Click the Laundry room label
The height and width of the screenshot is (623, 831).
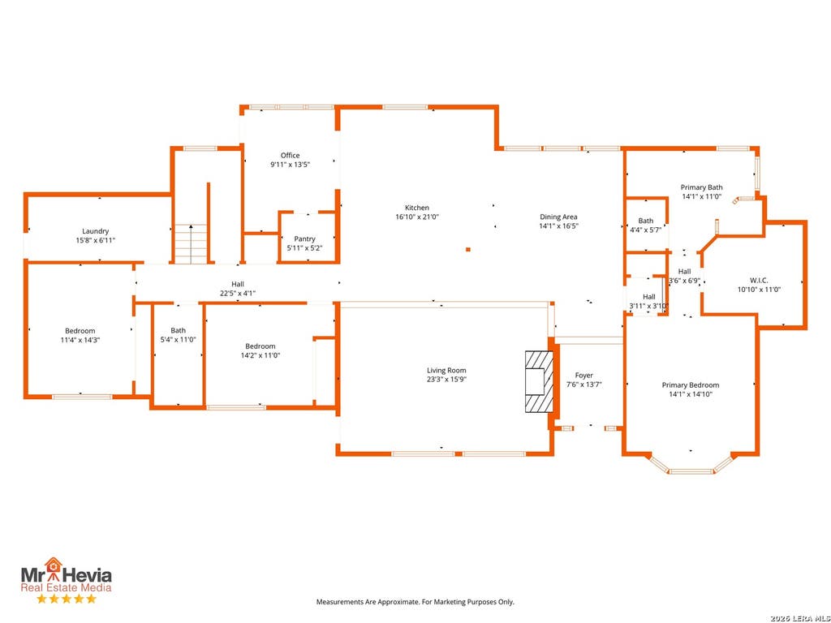coord(96,231)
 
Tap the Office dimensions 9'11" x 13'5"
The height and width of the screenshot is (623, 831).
coord(290,165)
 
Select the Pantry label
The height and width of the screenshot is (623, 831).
coord(305,239)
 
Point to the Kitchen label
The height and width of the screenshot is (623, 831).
coord(417,208)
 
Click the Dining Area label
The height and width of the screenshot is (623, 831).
coord(558,217)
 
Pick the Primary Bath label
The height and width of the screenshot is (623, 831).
coord(702,187)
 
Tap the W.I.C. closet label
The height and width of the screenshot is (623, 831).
coord(759,280)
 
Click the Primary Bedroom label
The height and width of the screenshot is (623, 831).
coord(691,385)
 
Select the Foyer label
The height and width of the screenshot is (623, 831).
coord(584,376)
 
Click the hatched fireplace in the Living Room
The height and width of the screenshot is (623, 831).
coord(540,381)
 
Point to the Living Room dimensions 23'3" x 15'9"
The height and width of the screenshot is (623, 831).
coord(447,380)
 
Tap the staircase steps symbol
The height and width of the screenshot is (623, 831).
coord(191,243)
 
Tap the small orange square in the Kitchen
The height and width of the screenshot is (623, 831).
coord(468,249)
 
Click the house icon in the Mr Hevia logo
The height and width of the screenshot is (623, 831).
coord(53,565)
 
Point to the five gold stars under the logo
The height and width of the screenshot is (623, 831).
coord(67,599)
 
